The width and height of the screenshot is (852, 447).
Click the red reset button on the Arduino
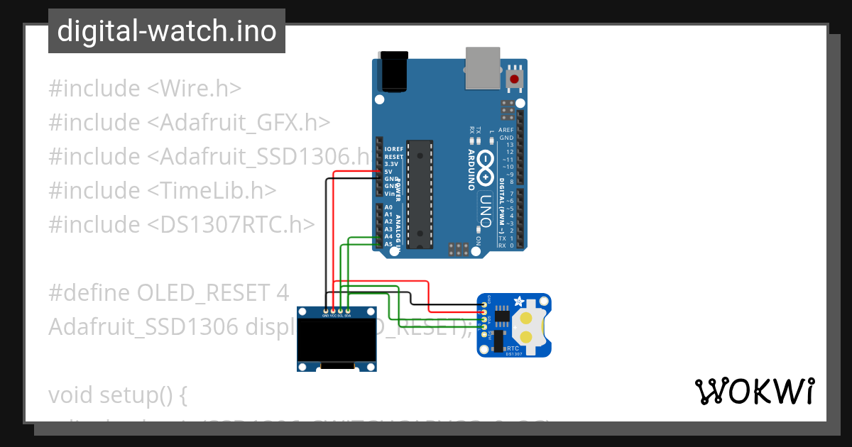click(513, 79)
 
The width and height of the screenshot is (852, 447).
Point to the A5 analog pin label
click(388, 244)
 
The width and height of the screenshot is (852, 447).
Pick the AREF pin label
click(506, 130)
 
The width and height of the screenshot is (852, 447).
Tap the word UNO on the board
click(486, 209)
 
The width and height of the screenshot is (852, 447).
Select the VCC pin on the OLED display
click(333, 311)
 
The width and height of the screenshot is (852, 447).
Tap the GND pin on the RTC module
click(484, 304)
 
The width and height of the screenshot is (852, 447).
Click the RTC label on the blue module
click(513, 348)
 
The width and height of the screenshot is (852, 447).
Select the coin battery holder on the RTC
click(529, 326)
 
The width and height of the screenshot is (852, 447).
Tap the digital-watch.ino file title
click(167, 31)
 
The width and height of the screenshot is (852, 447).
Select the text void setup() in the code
click(117, 394)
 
